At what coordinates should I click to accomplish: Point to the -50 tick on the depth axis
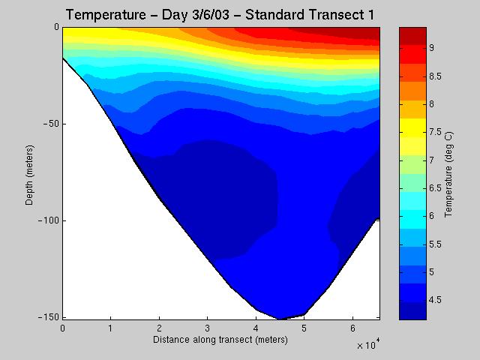click(51, 124)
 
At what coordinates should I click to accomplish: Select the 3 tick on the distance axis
click(207, 328)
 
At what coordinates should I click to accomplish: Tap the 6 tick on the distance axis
click(352, 328)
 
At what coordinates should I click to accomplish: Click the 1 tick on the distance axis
click(111, 328)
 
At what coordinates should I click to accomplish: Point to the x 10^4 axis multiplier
click(368, 345)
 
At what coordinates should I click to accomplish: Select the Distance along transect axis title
click(220, 340)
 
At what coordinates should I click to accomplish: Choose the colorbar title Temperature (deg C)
click(448, 172)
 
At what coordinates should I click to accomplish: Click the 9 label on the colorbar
click(430, 48)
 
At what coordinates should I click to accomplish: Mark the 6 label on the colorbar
click(430, 216)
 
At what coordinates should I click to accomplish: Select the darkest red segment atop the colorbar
click(412, 33)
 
